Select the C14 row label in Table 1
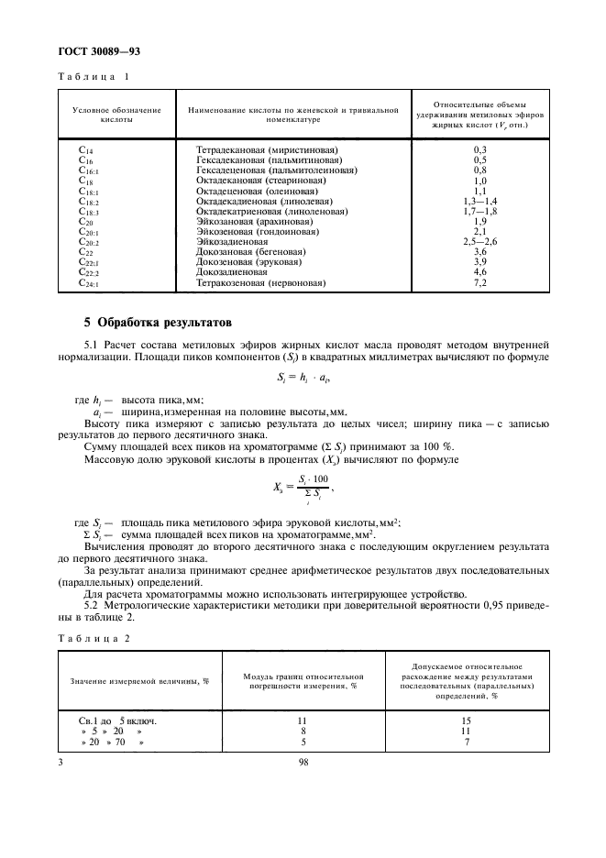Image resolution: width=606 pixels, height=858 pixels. click(87, 148)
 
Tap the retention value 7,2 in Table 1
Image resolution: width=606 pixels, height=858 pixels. click(480, 284)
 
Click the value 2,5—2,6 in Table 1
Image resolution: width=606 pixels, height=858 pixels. click(480, 242)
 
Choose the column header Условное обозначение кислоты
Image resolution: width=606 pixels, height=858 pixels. click(116, 115)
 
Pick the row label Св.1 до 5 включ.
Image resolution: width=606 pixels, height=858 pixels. click(118, 720)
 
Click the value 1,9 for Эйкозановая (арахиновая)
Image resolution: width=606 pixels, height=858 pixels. click(480, 222)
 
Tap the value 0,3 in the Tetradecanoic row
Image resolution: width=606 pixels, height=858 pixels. click(480, 148)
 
